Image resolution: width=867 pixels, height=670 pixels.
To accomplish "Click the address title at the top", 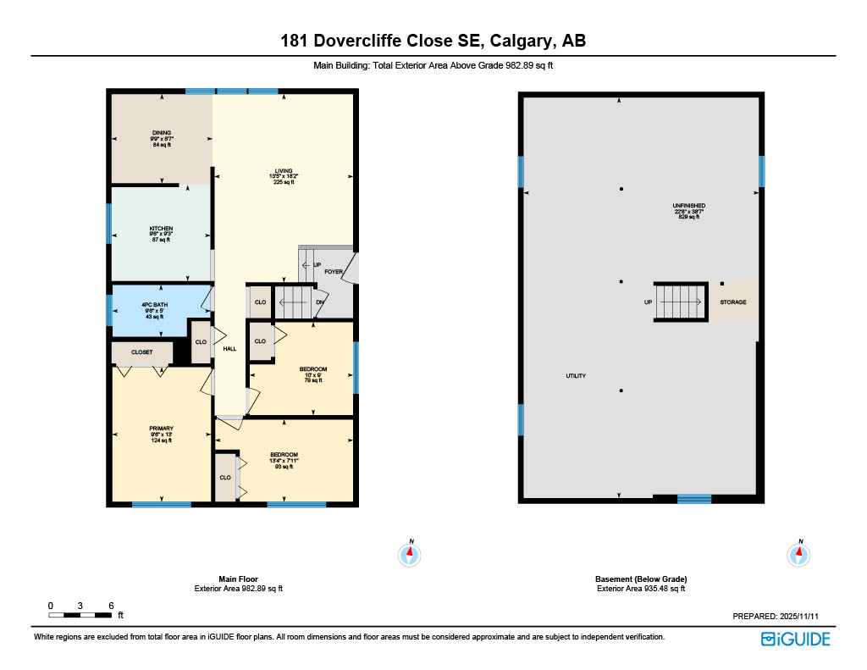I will [433, 41].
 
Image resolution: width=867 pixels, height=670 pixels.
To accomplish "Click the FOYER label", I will [334, 272].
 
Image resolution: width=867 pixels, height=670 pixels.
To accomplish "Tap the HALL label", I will [229, 348].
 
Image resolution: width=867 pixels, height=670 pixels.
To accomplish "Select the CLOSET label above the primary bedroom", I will [142, 352].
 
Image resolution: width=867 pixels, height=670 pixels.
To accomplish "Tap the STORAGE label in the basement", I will [733, 302].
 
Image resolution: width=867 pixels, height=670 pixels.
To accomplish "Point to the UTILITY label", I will [576, 375].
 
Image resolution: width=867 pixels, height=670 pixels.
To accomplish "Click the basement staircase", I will [681, 302].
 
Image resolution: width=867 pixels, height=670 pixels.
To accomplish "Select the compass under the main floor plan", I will [410, 555].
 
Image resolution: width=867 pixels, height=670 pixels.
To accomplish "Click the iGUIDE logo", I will [795, 639].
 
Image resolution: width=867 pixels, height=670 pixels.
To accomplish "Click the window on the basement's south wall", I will [693, 499].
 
